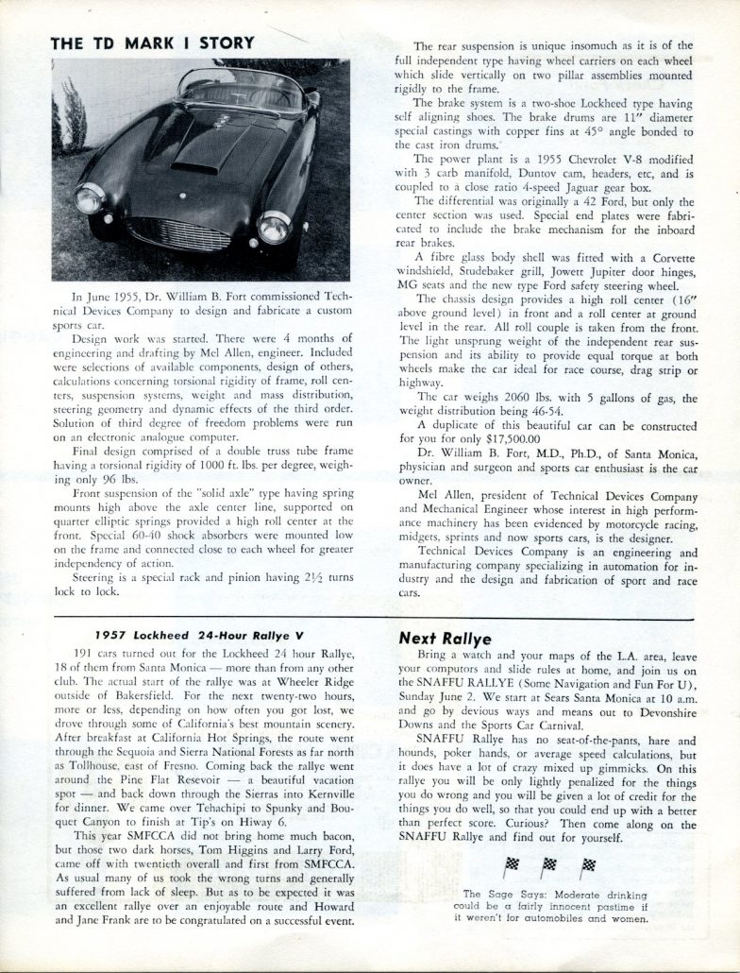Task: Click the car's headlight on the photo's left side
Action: click(90, 198)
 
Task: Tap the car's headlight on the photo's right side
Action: click(273, 228)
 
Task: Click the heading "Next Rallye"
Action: click(439, 637)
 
